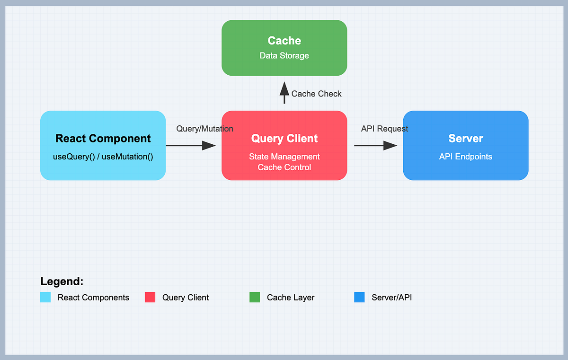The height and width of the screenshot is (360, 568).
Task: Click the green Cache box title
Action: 284,41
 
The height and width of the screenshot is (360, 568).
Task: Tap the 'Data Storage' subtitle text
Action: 284,56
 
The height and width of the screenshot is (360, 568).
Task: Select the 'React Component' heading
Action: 103,139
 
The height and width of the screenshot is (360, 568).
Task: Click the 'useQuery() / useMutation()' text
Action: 103,157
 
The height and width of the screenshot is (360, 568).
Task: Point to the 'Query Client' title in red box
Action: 284,139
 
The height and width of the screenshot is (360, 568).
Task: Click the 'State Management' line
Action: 284,157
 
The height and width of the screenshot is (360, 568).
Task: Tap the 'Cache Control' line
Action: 284,167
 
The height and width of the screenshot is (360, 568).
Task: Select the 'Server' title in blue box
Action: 465,139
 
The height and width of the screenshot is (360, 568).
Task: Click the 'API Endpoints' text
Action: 465,157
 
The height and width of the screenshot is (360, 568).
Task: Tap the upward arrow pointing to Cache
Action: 284,92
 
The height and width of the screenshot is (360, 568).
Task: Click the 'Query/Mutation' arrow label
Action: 204,129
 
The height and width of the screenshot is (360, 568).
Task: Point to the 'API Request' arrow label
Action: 384,129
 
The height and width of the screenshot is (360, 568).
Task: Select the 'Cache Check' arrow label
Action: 316,94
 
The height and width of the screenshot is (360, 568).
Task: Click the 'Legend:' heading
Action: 62,281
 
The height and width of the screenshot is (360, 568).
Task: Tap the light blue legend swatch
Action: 45,298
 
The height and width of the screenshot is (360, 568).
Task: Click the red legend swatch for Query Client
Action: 150,298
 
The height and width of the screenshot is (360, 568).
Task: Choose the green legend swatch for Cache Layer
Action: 255,298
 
